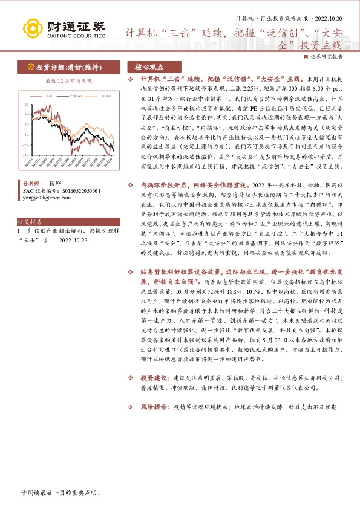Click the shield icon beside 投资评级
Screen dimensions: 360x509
(29, 67)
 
